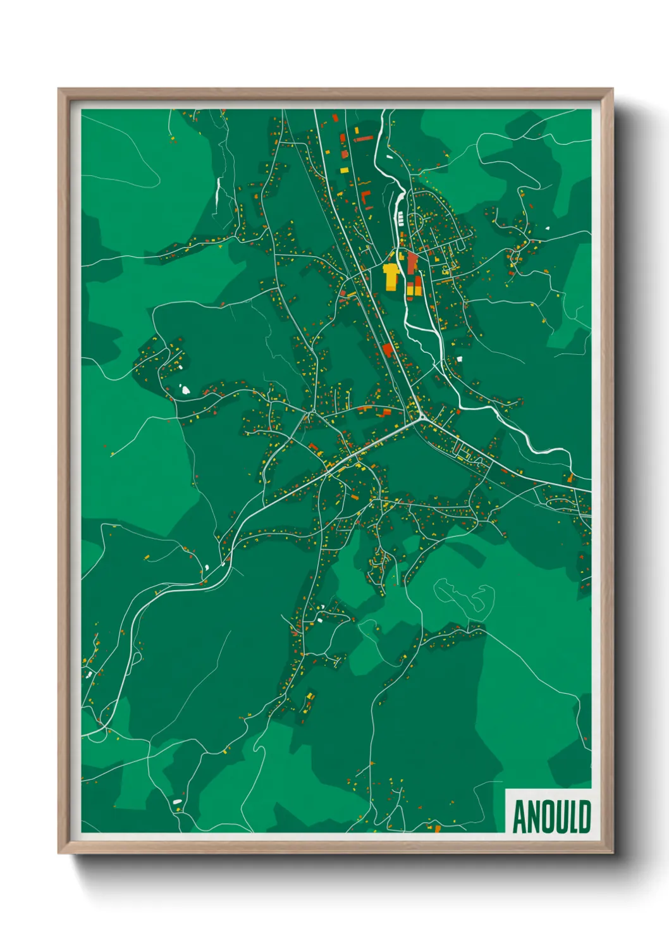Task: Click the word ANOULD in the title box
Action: coord(551,816)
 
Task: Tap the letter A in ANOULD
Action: coord(520,816)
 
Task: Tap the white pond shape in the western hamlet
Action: coord(186,390)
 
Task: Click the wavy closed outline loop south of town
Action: coord(465,596)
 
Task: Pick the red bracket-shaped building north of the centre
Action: coord(366,199)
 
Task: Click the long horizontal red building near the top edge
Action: coord(362,138)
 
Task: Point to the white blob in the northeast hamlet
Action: coord(547,228)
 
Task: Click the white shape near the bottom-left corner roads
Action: coord(177,802)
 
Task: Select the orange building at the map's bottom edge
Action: coord(437,828)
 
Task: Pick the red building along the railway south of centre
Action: coord(388,350)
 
